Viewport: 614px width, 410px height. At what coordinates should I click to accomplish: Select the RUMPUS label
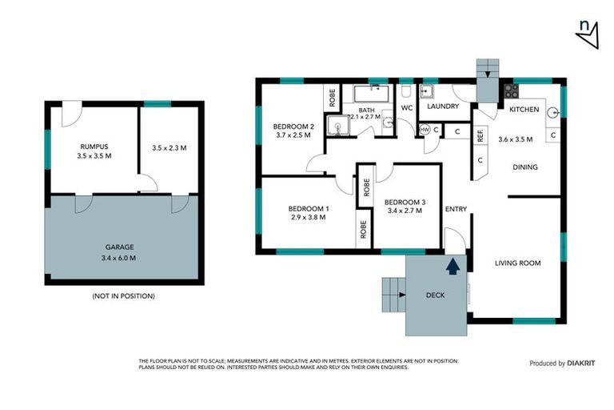coord(94,146)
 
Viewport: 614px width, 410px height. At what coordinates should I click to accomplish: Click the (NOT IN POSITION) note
coord(123,296)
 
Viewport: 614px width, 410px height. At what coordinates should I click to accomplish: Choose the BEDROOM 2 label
coord(293,127)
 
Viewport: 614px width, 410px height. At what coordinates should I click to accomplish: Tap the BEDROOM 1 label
coord(308,209)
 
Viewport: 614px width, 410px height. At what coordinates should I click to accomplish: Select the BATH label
coord(366,110)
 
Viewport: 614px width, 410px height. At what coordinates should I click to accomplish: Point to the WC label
coord(406,107)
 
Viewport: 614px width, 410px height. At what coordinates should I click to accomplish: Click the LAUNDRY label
coord(442,106)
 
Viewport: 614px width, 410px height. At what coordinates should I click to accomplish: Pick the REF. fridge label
coord(480,135)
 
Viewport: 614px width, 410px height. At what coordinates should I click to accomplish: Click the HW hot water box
coord(425,130)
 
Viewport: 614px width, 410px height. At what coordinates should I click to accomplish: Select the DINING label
coord(524,167)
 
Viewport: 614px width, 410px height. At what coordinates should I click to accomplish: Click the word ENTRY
coord(456,210)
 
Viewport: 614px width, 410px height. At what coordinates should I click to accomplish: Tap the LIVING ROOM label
coord(517,263)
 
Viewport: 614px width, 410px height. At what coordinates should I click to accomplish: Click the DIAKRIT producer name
coord(583,363)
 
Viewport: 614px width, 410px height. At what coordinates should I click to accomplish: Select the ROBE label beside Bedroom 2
coord(332,98)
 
